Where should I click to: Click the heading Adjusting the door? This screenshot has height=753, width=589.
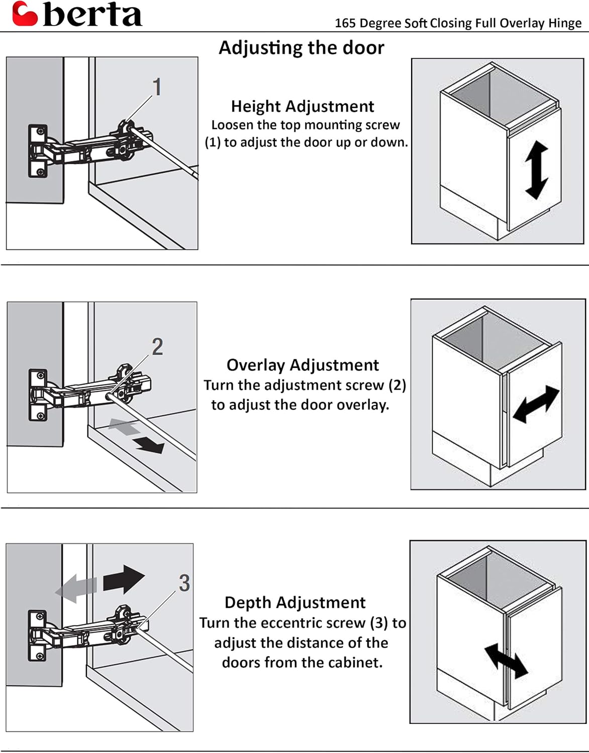(x=302, y=48)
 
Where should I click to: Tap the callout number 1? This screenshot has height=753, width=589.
(x=157, y=87)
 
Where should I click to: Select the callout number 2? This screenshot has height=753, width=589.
(x=157, y=347)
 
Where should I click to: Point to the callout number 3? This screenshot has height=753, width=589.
(x=184, y=583)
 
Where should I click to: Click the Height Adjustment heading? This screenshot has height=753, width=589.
(x=302, y=106)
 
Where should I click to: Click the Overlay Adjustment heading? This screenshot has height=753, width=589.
(x=303, y=365)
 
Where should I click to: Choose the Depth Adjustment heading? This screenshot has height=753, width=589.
(x=295, y=602)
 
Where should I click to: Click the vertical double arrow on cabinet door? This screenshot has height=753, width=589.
(x=536, y=170)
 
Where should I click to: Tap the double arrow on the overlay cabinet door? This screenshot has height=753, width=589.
(x=536, y=404)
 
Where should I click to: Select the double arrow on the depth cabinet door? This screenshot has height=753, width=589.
(x=506, y=661)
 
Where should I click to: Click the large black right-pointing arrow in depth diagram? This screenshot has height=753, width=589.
(x=124, y=580)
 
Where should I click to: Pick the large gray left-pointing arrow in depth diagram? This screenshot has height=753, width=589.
(x=76, y=588)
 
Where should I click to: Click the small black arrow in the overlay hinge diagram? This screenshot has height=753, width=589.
(x=151, y=445)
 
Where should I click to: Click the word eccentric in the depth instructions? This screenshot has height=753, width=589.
(x=299, y=623)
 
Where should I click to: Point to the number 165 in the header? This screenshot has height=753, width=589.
(x=345, y=24)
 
